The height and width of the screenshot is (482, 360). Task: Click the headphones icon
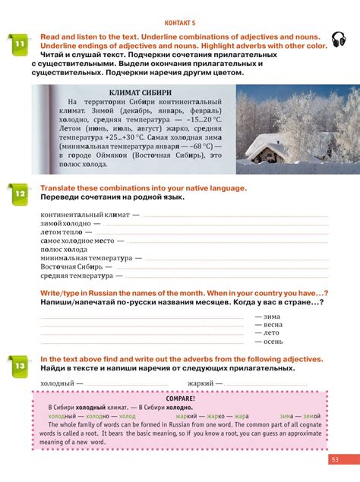[339, 39]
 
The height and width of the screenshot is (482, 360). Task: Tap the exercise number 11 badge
[19, 46]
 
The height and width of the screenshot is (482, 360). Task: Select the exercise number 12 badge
[19, 196]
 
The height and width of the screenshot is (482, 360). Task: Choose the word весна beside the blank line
[273, 324]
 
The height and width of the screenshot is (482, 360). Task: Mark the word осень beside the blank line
[273, 342]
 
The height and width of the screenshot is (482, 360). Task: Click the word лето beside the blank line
[272, 332]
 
